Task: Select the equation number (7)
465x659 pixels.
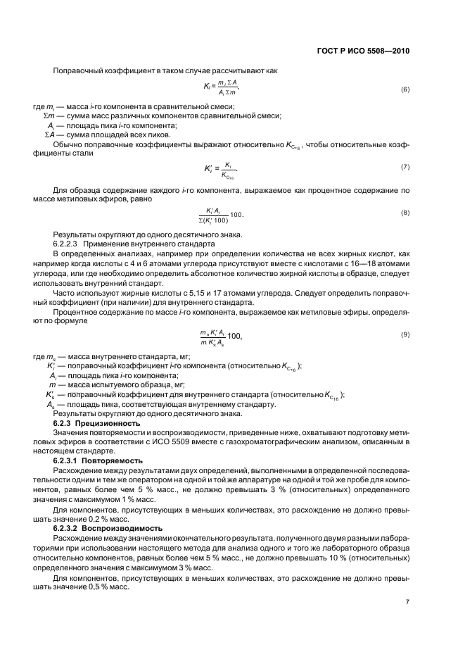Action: pyautogui.click(x=405, y=166)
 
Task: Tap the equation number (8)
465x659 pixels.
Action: pyautogui.click(x=405, y=212)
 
